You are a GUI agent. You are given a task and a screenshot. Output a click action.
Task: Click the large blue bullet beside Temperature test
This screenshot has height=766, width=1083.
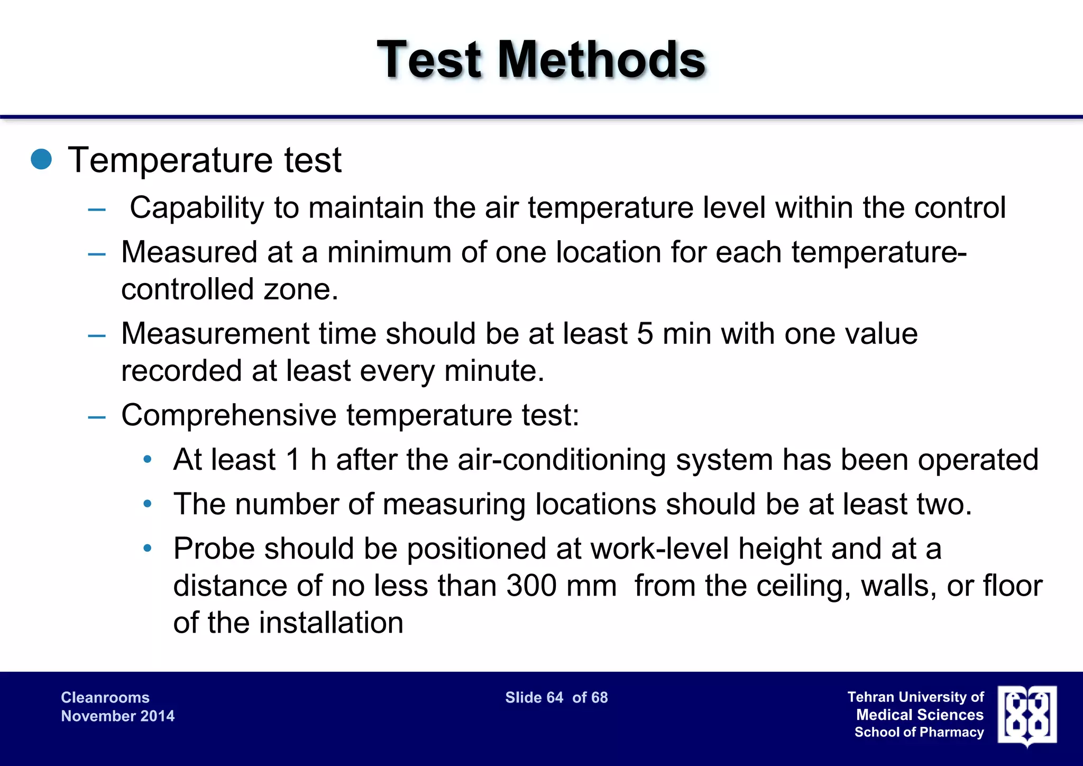[x=41, y=159]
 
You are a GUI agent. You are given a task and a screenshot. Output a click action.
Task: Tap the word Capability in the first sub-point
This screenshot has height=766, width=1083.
[x=196, y=207]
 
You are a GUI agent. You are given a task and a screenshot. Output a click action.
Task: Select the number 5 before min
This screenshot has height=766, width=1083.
[x=645, y=334]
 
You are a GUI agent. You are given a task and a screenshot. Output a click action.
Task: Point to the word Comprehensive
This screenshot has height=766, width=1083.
[x=228, y=415]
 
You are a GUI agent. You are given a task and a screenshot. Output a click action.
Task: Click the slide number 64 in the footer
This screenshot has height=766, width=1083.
[x=554, y=698]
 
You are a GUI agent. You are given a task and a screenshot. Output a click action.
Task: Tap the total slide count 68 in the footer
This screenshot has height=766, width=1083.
[x=599, y=698]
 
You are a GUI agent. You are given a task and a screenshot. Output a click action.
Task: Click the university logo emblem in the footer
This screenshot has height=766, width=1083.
[x=1027, y=715]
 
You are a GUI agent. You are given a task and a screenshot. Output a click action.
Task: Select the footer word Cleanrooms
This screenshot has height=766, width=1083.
[x=105, y=698]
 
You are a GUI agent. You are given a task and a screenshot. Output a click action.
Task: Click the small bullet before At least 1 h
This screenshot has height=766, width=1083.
[x=148, y=459]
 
